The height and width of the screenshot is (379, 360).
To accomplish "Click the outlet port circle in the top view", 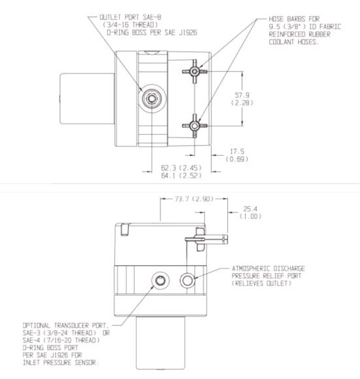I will [152, 98].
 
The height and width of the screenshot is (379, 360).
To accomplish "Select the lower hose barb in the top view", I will [194, 126].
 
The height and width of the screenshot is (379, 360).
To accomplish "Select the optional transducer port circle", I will [159, 281].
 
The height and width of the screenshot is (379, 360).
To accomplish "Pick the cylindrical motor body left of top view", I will [85, 99].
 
